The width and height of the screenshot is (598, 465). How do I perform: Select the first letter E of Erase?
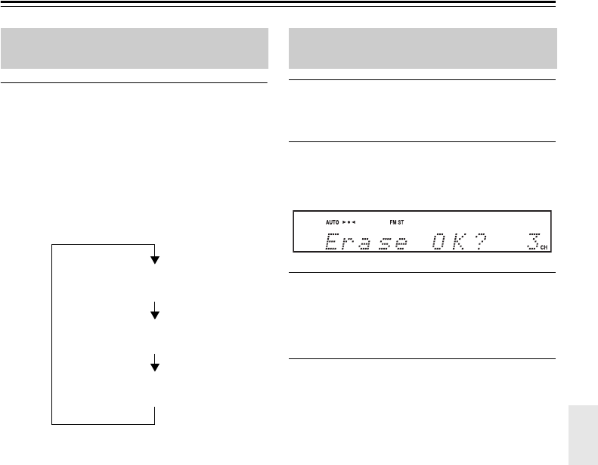[333, 243]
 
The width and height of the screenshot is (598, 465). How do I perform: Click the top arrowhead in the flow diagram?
[155, 260]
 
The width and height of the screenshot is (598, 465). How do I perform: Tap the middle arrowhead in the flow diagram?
[155, 314]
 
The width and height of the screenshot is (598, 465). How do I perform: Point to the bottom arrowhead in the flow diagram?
[155, 367]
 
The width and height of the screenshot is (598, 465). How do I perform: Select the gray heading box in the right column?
[423, 48]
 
